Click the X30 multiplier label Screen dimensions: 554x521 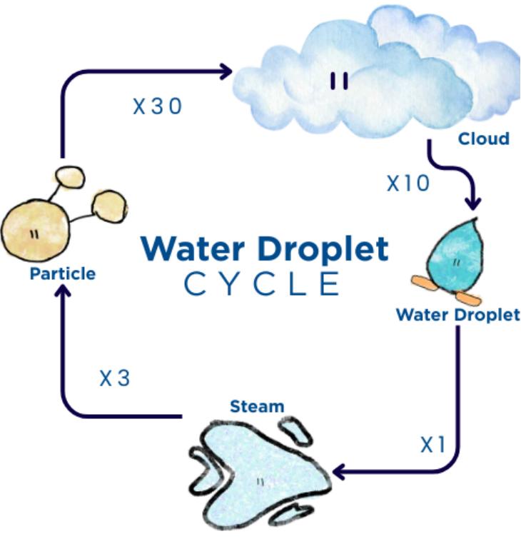click(x=158, y=106)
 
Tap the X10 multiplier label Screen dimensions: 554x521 click(x=408, y=183)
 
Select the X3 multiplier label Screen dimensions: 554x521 click(x=114, y=378)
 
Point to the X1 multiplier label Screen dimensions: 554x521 click(x=433, y=445)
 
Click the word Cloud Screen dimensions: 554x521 click(x=483, y=138)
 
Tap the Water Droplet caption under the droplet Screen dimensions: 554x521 click(x=457, y=315)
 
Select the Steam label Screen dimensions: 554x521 click(x=256, y=406)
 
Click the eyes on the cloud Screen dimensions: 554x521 click(x=340, y=81)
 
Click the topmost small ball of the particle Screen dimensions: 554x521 click(x=69, y=176)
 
